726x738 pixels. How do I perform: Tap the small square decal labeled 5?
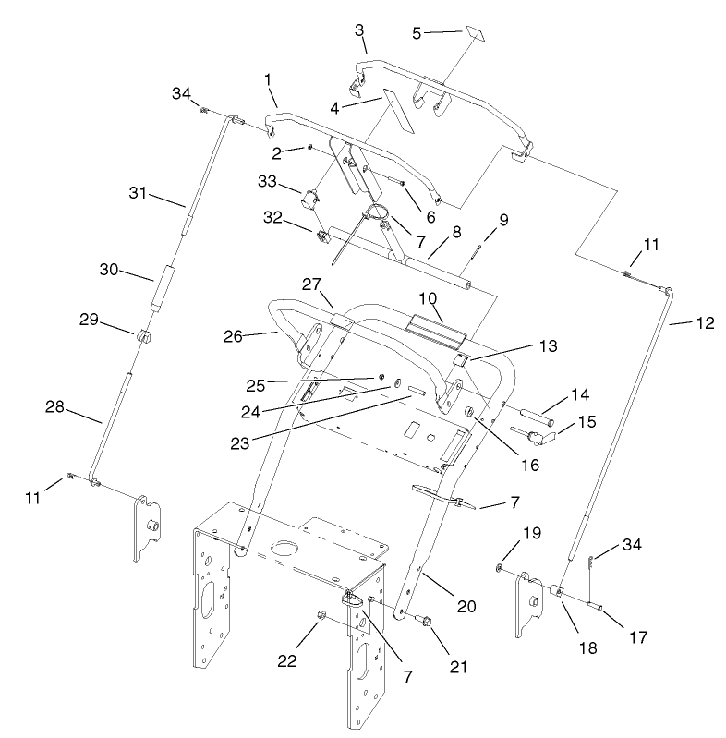[x=475, y=34]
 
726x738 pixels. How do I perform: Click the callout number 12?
[x=705, y=323]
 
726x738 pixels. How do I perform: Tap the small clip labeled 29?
[x=143, y=339]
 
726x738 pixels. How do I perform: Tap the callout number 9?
[x=503, y=221]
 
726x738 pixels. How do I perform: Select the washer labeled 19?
[x=500, y=565]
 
